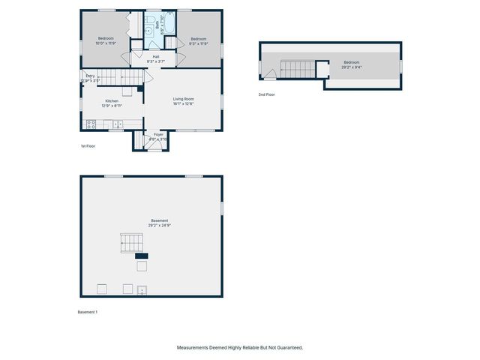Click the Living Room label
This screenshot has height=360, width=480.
tap(184, 99)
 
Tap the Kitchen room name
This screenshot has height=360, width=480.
tap(112, 100)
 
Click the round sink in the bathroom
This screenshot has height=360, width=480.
tap(149, 31)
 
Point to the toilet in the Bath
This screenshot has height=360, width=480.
tap(150, 19)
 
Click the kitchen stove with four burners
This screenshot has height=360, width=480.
tap(90, 124)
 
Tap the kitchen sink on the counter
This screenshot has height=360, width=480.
tap(118, 124)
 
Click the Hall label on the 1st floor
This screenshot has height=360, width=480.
tap(156, 56)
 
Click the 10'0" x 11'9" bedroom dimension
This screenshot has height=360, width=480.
tap(106, 43)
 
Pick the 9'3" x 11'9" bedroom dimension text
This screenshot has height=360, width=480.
tap(198, 43)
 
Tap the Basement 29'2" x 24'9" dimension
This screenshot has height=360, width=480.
tap(153, 225)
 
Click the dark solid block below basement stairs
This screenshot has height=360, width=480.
tap(141, 256)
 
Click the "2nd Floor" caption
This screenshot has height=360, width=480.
tap(266, 94)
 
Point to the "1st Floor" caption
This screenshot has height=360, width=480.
tap(88, 146)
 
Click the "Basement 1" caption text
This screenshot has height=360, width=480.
tap(88, 311)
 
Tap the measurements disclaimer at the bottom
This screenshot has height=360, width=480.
tap(240, 348)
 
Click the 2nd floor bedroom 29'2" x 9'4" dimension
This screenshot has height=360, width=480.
tap(352, 67)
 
